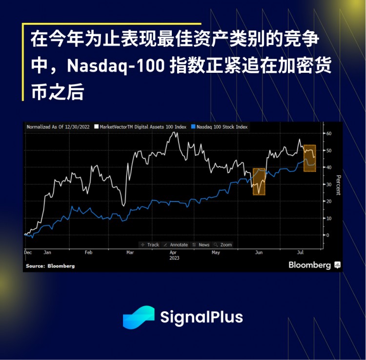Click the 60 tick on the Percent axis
[329, 133]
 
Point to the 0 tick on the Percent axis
[328, 235]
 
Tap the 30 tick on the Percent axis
[329, 184]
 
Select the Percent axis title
[338, 184]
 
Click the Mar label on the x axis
[130, 253]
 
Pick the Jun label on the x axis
[259, 253]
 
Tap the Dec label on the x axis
[27, 253]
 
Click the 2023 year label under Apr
[174, 258]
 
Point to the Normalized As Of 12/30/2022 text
[58, 127]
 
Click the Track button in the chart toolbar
[150, 245]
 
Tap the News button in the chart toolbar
[202, 245]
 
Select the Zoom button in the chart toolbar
[224, 245]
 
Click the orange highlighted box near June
[259, 182]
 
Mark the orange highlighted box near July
[309, 158]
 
